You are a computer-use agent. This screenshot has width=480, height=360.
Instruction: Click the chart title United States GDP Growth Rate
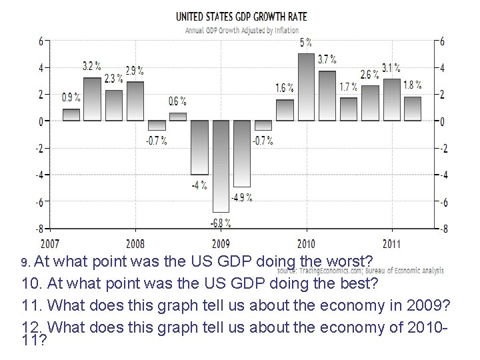[x=241, y=16]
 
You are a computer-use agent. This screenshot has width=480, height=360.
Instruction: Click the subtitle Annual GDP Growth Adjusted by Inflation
[x=241, y=30]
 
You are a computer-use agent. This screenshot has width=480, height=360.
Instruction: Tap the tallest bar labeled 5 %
[x=306, y=87]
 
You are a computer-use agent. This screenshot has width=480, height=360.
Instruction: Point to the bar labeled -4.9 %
[x=242, y=153]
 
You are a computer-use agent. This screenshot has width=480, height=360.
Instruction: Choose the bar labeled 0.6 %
[x=178, y=116]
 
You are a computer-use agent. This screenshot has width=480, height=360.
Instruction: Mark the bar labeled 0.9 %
[x=71, y=114]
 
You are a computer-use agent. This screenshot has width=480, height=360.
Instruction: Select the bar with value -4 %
[x=199, y=147]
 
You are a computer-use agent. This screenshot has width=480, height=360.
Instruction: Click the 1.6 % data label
[x=284, y=88]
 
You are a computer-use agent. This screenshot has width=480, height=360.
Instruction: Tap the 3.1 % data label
[x=391, y=67]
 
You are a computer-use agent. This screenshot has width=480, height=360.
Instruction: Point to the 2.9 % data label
[x=134, y=70]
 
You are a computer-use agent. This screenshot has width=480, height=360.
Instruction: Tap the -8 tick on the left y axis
[x=40, y=228]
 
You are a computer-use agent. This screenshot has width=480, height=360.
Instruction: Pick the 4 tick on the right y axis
[x=441, y=67]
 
